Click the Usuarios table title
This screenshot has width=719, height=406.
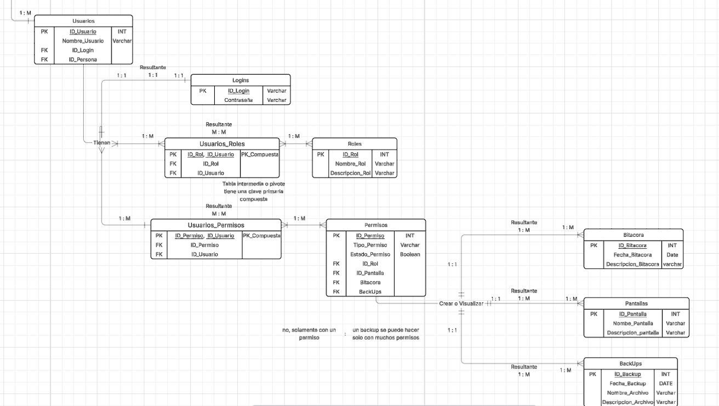click(83, 20)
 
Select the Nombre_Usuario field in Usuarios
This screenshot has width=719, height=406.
click(83, 41)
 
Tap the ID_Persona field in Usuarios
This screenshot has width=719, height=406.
click(83, 59)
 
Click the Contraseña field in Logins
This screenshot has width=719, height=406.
click(238, 100)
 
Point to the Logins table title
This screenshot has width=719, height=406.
click(240, 80)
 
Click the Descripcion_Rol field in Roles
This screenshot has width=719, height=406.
click(350, 173)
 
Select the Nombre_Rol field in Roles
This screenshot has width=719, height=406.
click(350, 164)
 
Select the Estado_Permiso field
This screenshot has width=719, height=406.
click(370, 254)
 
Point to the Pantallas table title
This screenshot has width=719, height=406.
click(636, 303)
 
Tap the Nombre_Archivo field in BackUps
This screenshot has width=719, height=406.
click(627, 393)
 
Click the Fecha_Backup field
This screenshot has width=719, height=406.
click(627, 384)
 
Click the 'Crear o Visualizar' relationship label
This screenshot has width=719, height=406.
click(461, 303)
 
